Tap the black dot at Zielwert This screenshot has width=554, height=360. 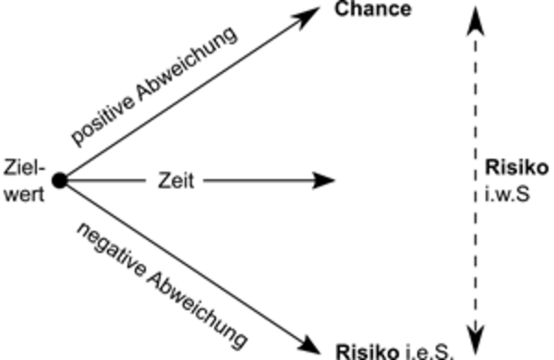59,181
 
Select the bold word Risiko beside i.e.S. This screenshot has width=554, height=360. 365,352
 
